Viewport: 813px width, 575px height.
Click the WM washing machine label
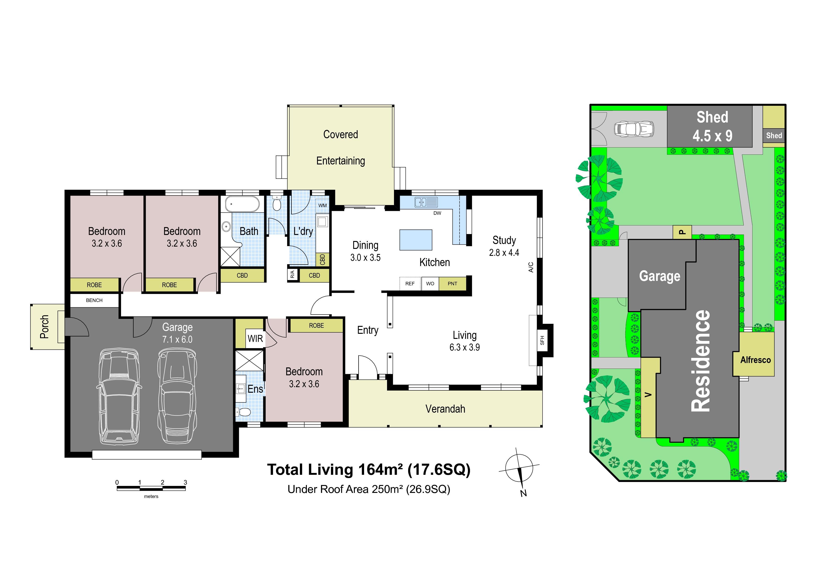point(322,206)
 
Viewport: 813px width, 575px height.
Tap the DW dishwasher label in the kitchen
point(437,213)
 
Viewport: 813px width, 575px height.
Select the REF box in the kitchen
point(410,283)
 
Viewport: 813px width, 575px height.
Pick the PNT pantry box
point(452,283)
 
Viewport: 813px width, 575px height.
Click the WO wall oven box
point(430,283)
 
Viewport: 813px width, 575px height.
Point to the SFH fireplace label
point(542,340)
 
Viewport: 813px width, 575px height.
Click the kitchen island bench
point(416,240)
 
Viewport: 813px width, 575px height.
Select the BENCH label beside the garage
point(94,300)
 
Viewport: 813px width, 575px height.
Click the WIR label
point(255,339)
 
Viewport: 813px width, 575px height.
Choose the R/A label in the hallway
point(292,275)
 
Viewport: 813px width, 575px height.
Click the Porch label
point(44,327)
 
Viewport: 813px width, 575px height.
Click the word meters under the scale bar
point(151,496)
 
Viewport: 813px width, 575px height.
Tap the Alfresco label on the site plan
point(756,360)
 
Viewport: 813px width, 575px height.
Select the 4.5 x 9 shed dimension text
point(712,136)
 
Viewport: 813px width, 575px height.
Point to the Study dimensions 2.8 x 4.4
point(504,253)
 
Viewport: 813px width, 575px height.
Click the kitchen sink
point(426,202)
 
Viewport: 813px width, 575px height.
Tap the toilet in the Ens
point(244,412)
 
